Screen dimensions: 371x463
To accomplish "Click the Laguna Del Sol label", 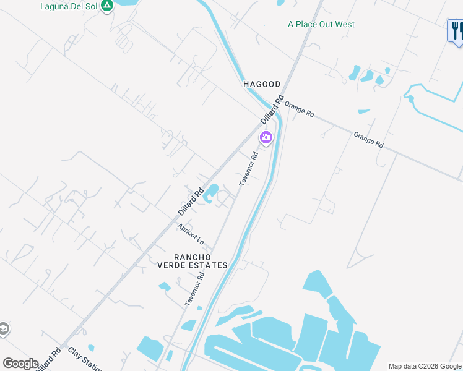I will pos(68,6).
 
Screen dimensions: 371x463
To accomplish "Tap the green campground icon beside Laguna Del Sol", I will pos(107,6).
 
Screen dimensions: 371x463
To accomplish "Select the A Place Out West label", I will pos(321,24).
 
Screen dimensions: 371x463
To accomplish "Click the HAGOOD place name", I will pos(262,84).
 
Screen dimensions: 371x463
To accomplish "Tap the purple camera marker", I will pos(266,137).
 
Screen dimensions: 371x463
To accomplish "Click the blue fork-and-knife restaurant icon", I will pos(456,30).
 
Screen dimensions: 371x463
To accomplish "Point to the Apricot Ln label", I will pos(191,234).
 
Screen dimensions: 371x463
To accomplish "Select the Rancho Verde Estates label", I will pos(201,261).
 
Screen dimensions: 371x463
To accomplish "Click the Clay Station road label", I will pos(85,359).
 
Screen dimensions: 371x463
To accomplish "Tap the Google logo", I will pos(21,364).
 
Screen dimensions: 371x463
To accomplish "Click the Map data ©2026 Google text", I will pos(425,366).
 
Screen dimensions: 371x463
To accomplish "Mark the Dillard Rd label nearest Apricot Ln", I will pos(191,202).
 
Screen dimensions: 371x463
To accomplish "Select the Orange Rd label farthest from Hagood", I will pos(368,139).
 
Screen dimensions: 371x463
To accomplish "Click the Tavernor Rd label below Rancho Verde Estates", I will pos(194,289).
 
